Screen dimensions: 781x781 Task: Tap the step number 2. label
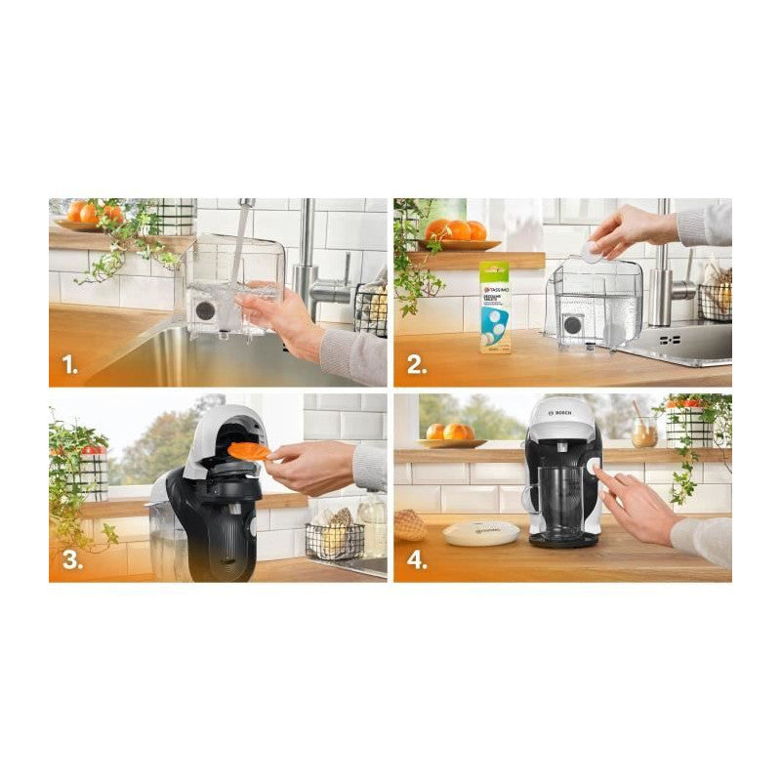(416, 365)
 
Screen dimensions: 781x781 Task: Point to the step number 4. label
(417, 560)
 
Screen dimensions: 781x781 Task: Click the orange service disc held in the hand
(250, 450)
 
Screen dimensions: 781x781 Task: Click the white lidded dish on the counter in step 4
(481, 533)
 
